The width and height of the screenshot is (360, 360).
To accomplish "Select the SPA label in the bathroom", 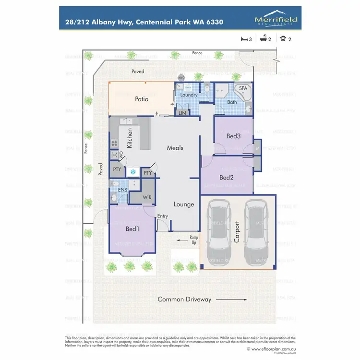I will pos(243,89).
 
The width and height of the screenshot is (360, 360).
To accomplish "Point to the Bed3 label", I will pos(233,136).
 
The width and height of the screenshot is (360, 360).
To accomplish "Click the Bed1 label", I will pos(132,229).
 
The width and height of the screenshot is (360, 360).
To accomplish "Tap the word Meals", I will pos(175,148).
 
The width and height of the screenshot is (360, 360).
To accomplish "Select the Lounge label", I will pos(184,204).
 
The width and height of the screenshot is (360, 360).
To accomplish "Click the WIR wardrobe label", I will pos(147,197).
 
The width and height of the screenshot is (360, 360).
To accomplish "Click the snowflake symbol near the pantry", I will pos(133,172).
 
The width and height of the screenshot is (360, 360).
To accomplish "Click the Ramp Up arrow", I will pos(182,238).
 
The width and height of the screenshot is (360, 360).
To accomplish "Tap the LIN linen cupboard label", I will pos(182,113).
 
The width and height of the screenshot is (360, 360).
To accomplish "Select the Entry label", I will pos(163,216).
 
